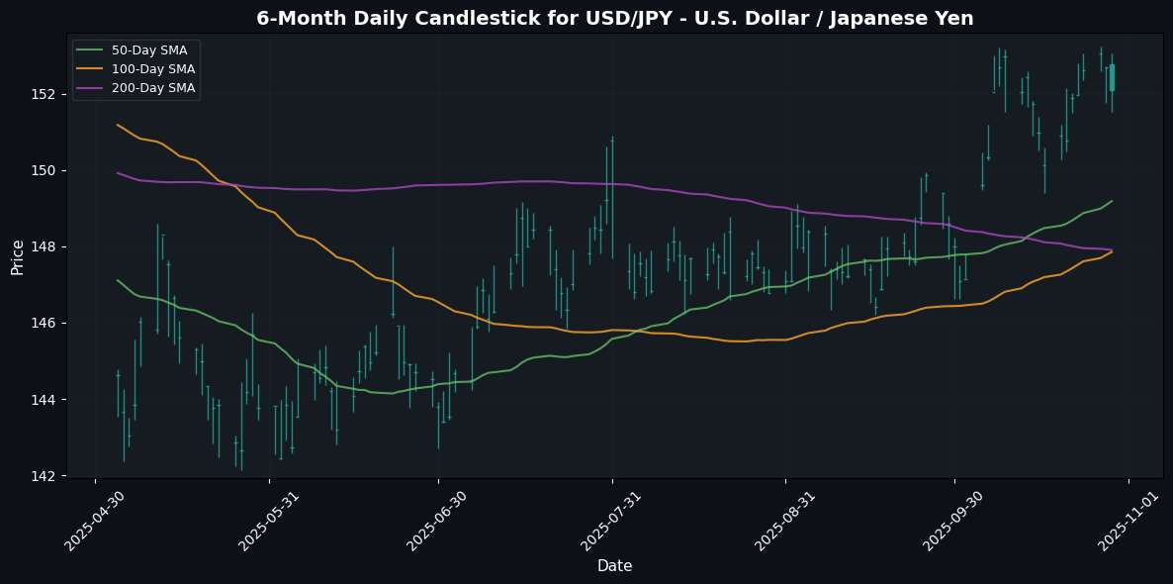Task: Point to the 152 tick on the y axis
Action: coord(50,94)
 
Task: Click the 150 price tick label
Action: coord(50,170)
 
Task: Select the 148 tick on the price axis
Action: coord(50,246)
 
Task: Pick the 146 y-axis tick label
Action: coord(50,323)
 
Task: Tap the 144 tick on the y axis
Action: coord(50,399)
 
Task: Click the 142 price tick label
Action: coord(50,475)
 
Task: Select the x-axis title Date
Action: coord(614,566)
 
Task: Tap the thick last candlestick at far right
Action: coord(1112,77)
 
